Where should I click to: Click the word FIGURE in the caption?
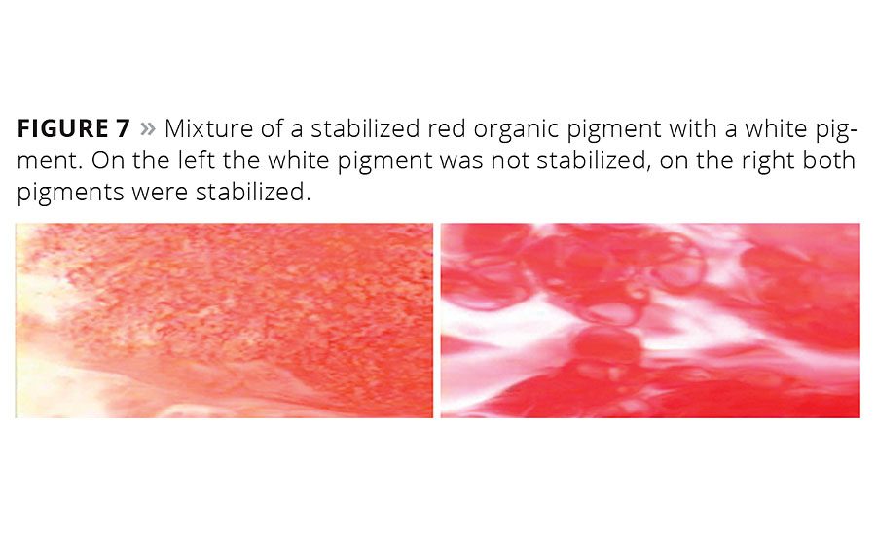click(62, 128)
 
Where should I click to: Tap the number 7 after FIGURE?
click(123, 128)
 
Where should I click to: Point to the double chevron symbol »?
click(148, 129)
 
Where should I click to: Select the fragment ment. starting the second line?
click(50, 160)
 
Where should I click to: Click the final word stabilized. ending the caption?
click(253, 192)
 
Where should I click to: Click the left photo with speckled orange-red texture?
click(224, 321)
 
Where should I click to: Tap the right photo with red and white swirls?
click(650, 321)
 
